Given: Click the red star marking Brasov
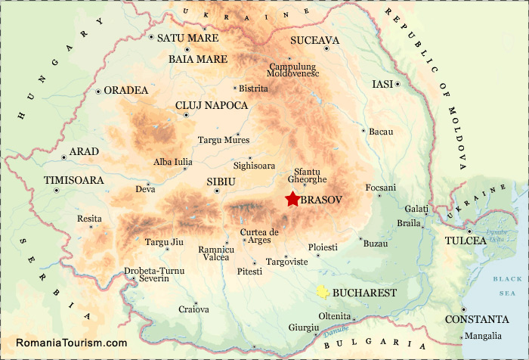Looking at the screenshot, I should (x=292, y=200).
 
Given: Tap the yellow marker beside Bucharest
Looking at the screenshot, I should (x=323, y=291).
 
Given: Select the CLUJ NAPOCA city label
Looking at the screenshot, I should (x=211, y=105).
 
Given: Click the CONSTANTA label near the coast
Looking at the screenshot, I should (x=476, y=319).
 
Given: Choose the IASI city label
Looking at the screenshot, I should (x=382, y=84).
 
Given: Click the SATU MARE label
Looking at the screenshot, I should (x=187, y=38).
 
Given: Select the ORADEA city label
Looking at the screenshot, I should (x=126, y=90).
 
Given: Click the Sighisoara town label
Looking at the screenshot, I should (x=255, y=165).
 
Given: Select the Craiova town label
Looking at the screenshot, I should (x=193, y=309).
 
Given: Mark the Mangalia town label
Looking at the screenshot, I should (x=483, y=336).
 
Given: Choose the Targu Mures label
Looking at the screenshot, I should (x=223, y=140).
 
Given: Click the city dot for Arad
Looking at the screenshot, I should (x=63, y=157).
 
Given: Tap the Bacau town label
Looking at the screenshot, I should (x=382, y=132).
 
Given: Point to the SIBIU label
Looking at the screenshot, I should (x=221, y=182).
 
